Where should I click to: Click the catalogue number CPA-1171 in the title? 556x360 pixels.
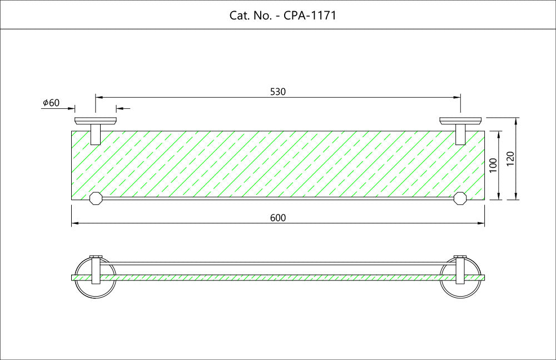[x=310, y=16]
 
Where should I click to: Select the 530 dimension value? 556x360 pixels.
[x=277, y=92]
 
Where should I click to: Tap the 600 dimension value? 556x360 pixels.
[x=277, y=218]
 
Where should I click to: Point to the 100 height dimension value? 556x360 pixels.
[x=493, y=165]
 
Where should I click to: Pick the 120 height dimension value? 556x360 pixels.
[x=510, y=159]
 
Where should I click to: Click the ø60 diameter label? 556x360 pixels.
[x=51, y=103]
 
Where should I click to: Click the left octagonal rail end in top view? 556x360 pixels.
[x=96, y=198]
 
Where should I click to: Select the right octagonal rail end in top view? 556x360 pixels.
[x=460, y=198]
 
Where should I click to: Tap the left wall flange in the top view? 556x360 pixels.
[x=96, y=121]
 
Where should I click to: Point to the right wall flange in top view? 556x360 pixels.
[x=460, y=121]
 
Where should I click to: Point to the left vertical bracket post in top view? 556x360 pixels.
[x=96, y=134]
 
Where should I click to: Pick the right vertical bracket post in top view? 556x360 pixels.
[x=460, y=134]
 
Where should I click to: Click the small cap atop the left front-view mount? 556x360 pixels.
[x=96, y=257]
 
